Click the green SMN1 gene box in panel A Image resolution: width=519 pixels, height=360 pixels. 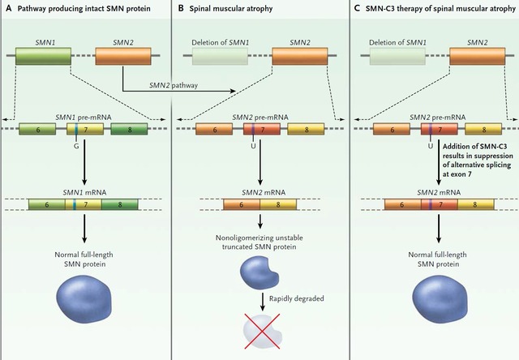[43, 56]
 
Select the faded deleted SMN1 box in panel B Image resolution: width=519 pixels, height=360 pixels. [220, 56]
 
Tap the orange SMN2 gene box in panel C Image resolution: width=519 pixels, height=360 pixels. [478, 56]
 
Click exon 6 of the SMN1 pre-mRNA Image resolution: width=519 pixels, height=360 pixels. [37, 129]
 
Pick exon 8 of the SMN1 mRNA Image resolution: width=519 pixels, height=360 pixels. [120, 204]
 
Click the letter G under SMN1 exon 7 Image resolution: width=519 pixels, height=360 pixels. [76, 146]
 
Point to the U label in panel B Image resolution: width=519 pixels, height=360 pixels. [253, 146]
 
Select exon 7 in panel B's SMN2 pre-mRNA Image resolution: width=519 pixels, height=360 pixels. [262, 129]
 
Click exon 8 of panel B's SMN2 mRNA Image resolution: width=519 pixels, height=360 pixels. [278, 204]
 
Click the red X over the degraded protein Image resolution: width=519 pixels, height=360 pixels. [262, 331]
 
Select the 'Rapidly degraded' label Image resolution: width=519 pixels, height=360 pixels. [297, 298]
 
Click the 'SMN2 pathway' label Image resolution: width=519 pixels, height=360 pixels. [174, 85]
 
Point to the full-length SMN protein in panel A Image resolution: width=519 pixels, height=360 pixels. [84, 299]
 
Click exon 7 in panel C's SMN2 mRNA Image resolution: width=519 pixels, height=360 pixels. [440, 204]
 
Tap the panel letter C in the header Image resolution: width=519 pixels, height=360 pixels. [357, 8]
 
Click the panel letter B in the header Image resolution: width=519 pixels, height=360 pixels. [181, 8]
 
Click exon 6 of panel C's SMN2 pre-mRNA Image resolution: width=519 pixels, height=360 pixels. [392, 129]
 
